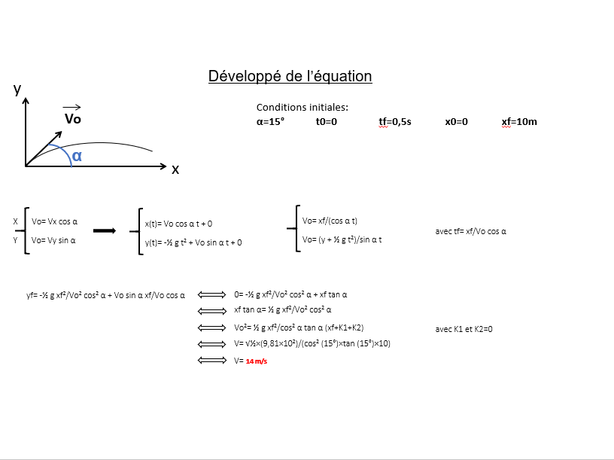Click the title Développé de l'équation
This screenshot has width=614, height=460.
290,76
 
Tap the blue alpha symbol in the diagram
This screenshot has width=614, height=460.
77,156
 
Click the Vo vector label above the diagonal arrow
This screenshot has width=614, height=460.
73,118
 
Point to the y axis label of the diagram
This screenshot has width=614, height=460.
17,90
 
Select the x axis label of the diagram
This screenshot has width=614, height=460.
175,169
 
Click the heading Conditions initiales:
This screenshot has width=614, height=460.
302,108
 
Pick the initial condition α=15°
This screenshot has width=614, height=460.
270,121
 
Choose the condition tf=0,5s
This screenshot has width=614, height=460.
395,122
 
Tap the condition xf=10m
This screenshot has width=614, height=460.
519,122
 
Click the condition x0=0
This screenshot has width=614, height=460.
456,122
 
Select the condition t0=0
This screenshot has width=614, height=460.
327,122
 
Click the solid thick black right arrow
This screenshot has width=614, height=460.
105,231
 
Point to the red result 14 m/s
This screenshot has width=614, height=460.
257,361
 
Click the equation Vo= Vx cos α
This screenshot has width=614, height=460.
54,221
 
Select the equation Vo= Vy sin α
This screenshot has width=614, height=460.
53,240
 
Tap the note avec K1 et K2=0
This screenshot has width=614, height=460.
464,329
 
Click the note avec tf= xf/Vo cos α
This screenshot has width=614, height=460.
471,231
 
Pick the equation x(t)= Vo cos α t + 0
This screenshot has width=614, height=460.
178,224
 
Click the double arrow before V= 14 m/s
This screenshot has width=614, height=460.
212,360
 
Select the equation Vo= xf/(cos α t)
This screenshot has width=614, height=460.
330,221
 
